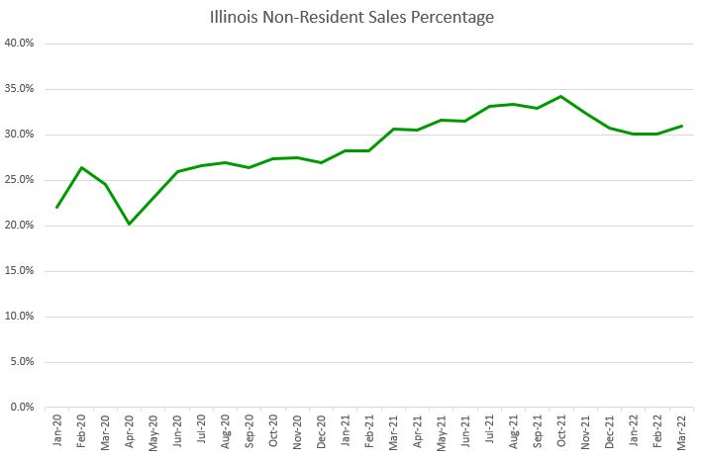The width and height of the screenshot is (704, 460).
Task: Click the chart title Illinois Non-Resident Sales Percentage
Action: point(352,17)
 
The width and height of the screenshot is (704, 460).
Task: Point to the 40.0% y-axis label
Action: point(20,44)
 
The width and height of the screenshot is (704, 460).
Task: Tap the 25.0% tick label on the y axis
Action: point(20,180)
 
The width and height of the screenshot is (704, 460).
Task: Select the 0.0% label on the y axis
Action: point(23,408)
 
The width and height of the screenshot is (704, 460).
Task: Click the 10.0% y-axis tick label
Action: point(20,317)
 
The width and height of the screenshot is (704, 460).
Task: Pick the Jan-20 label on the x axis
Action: point(57,431)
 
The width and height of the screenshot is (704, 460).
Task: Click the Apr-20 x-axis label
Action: point(129,431)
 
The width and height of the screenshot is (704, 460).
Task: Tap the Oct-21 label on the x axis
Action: point(561,431)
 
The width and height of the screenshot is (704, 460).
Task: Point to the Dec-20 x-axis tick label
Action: point(321,431)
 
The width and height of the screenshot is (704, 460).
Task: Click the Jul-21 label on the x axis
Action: point(489,431)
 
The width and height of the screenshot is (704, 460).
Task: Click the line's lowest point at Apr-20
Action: point(129,224)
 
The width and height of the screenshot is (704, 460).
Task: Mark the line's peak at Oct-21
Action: point(561,96)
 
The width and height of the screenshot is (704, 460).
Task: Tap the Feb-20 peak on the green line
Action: point(81,167)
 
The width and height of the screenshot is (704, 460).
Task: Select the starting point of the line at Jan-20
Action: point(57,207)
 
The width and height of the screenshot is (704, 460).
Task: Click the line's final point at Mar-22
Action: point(681,126)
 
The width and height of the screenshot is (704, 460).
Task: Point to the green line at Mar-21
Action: point(393,129)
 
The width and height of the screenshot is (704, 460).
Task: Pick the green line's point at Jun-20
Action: point(177,171)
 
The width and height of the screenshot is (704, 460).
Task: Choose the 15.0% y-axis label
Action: point(20,271)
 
